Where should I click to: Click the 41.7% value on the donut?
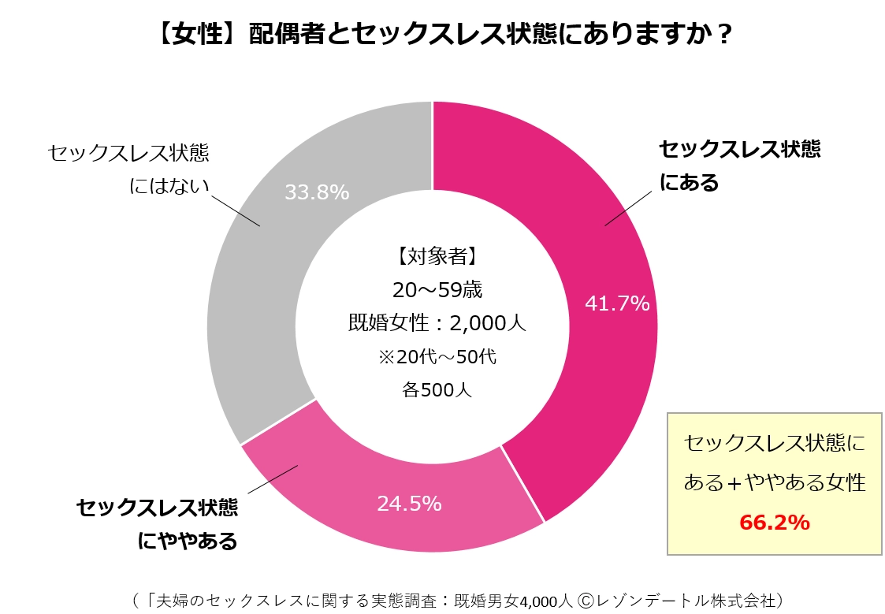[x=617, y=303]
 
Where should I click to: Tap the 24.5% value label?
[x=409, y=503]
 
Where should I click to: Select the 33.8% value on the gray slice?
[x=317, y=192]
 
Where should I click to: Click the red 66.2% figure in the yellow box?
[x=774, y=522]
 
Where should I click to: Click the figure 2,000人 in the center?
[x=488, y=323]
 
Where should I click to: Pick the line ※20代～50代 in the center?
[x=437, y=356]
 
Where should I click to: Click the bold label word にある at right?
[x=690, y=184]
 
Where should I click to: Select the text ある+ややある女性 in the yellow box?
[x=774, y=482]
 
